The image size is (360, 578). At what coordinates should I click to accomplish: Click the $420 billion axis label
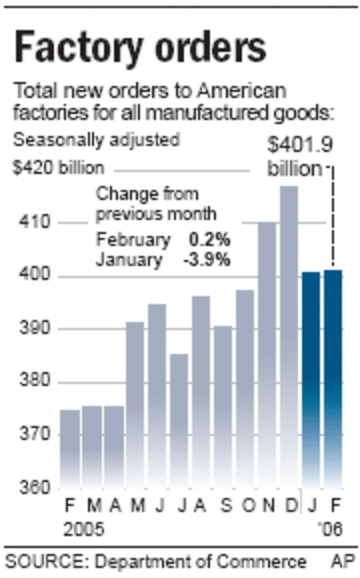pos(59,168)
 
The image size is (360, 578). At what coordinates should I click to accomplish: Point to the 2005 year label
pos(84,529)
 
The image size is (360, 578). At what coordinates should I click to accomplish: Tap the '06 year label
pos(330,529)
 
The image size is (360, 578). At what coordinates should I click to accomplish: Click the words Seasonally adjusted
pos(97,140)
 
